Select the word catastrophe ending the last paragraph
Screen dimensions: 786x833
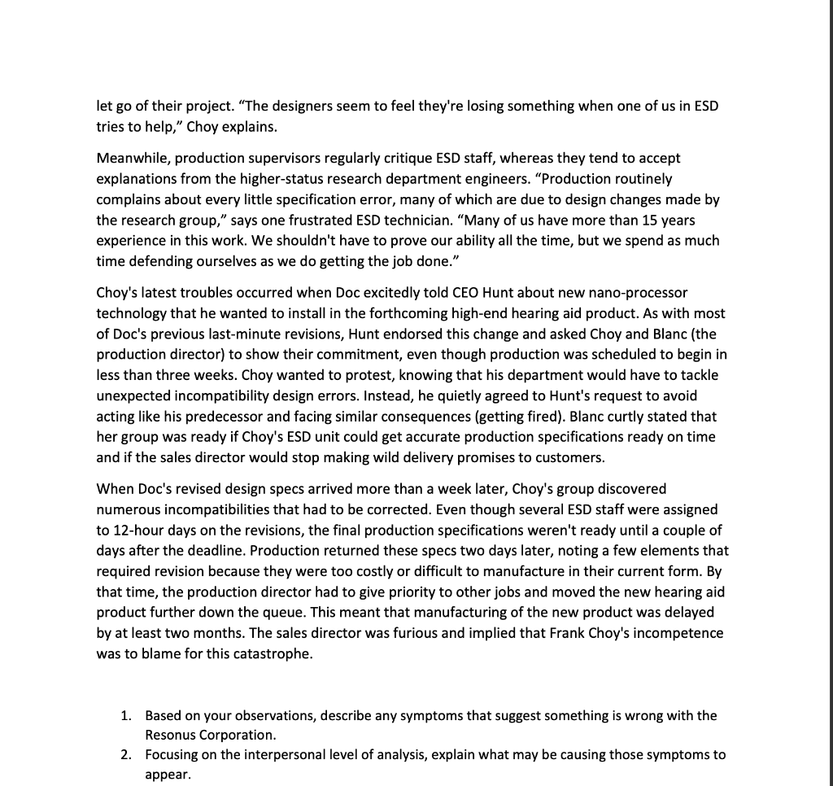[272, 653]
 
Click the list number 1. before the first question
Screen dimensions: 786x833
[126, 715]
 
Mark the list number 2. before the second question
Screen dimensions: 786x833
[126, 754]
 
